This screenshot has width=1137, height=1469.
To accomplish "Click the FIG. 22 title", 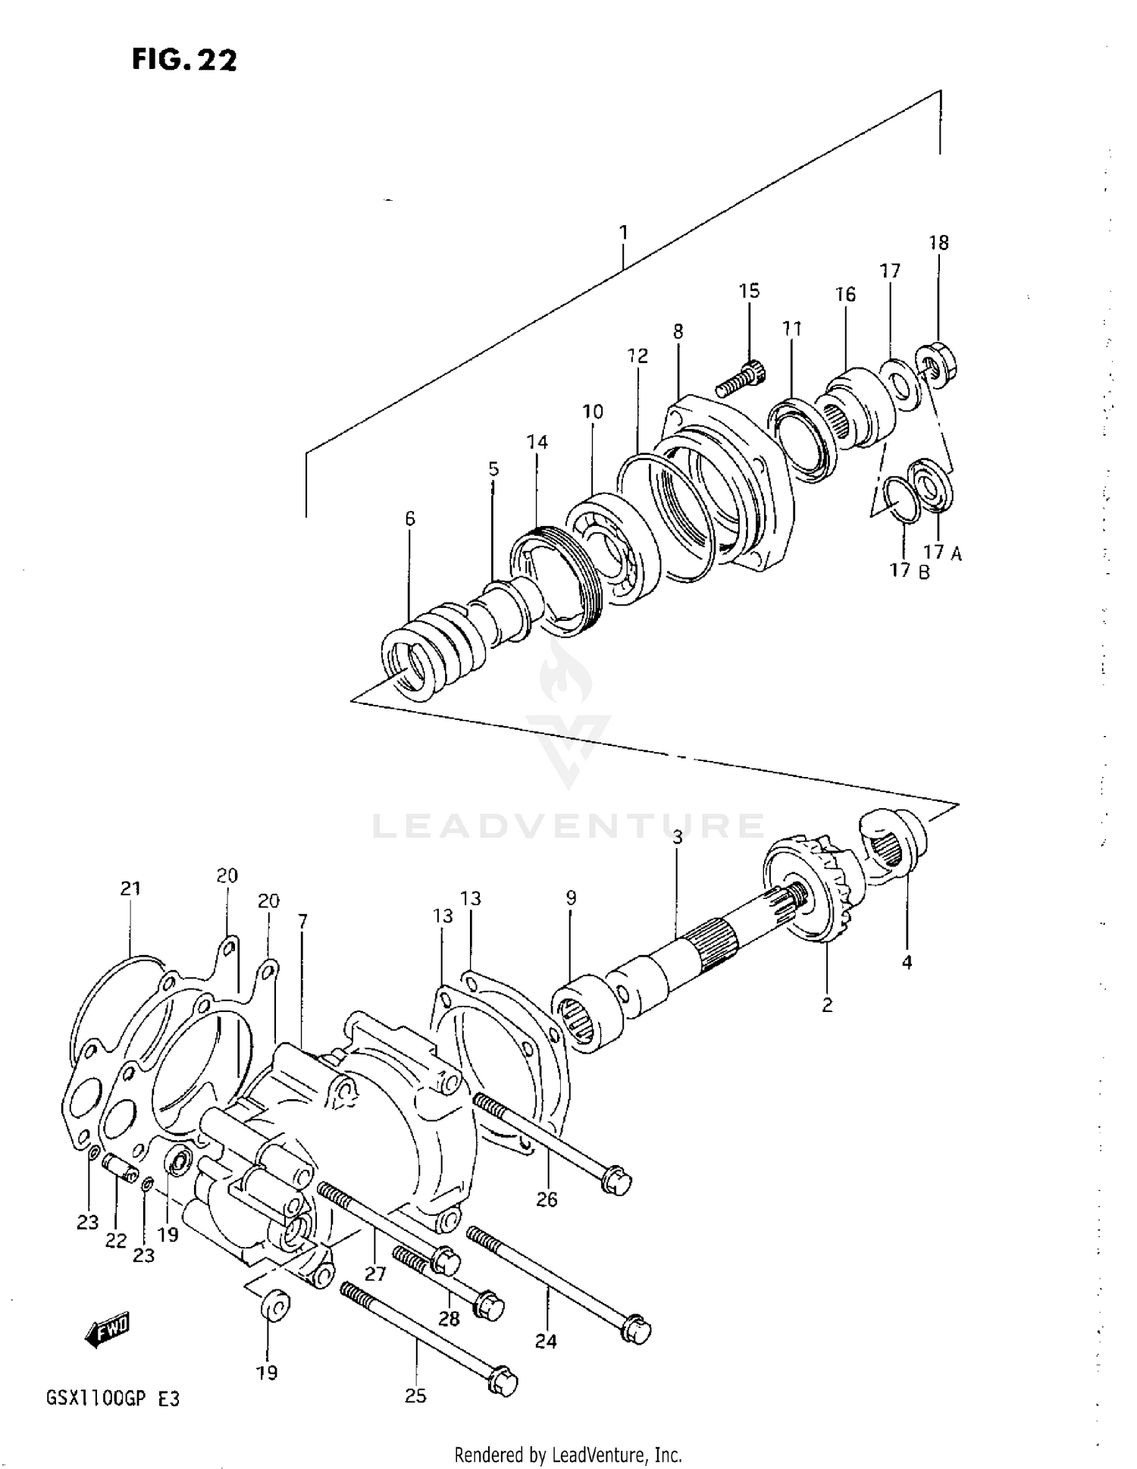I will coord(184,58).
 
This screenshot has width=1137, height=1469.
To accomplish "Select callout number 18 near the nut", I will coord(938,243).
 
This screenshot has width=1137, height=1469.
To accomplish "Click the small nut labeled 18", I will coord(934,365).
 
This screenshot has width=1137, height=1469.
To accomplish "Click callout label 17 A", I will coord(941,553).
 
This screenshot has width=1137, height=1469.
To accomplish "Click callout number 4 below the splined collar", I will coord(907,962).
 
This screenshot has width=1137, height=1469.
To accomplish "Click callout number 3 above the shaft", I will coord(677,837).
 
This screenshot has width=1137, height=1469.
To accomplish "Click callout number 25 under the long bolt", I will coord(415,1395).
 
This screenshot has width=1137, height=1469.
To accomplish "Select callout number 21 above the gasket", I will coord(130,888).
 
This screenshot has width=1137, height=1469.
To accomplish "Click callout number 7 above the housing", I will coord(302,921).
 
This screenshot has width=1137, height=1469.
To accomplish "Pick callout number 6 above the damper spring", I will coord(409,518).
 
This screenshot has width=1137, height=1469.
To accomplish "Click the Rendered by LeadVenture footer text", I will coord(568,1455).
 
